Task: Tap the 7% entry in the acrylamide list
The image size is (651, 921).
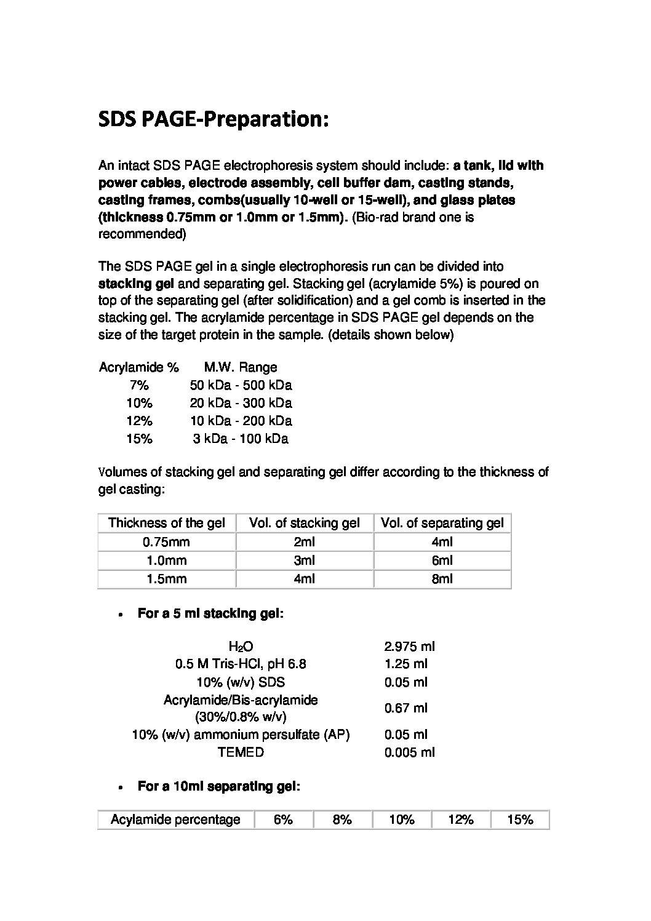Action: pos(139,385)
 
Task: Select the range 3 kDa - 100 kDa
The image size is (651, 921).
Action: pos(241,439)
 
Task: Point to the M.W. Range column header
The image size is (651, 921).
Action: pos(241,367)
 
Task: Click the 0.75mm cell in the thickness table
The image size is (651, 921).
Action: pos(166,542)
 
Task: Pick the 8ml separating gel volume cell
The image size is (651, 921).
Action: pos(442,579)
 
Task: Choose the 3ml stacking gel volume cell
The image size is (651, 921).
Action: pos(304,560)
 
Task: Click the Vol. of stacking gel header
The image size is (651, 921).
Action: pos(304,523)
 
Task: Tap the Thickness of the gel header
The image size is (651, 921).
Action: pos(166,523)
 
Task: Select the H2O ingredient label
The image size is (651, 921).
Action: pos(241,646)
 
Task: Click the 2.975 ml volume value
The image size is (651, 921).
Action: pos(409,646)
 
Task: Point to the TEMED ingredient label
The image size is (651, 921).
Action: pos(241,752)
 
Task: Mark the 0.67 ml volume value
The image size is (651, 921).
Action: pos(405,708)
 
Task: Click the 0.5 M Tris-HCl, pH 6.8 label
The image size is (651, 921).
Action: pos(241,664)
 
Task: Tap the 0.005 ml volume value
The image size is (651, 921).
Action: pos(409,752)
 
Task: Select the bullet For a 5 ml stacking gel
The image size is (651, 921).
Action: pos(210,613)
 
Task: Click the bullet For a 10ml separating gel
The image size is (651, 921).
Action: pos(218,786)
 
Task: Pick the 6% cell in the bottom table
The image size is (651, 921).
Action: pos(283,819)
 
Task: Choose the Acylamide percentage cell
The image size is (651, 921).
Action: pos(175,819)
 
